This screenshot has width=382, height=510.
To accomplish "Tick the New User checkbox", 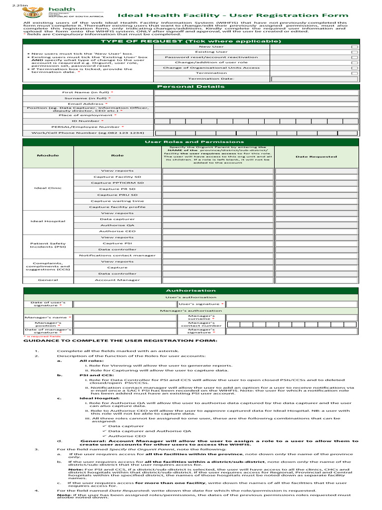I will (354, 47).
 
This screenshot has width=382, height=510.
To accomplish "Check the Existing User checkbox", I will (354, 52).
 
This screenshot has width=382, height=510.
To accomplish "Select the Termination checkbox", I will (354, 73).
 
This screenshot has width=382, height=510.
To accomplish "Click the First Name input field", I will (256, 93).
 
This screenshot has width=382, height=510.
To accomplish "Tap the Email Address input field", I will (256, 104).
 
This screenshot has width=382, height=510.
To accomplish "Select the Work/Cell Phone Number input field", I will (256, 133).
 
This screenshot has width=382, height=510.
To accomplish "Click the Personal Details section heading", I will (191, 87).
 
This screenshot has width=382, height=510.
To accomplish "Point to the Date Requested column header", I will (316, 156).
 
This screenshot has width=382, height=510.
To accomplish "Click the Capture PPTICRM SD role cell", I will (117, 183).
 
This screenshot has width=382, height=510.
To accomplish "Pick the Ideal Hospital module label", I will (48, 221).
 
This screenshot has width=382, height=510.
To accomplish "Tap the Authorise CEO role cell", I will (117, 231).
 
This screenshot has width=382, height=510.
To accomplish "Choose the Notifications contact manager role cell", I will (117, 255).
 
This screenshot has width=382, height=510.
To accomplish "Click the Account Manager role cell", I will (117, 280).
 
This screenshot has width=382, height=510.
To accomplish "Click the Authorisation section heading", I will (191, 290).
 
